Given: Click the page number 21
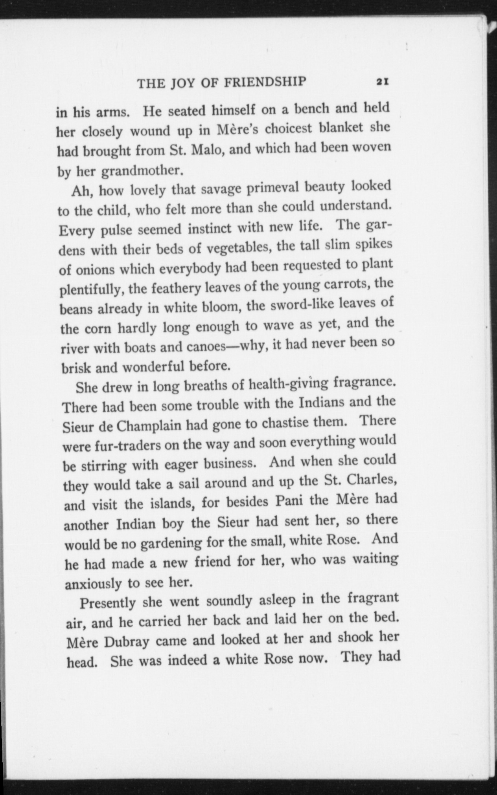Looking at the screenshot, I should click(382, 82).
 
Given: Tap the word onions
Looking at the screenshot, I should click(95, 270).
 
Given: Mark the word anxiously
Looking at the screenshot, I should click(93, 584).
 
